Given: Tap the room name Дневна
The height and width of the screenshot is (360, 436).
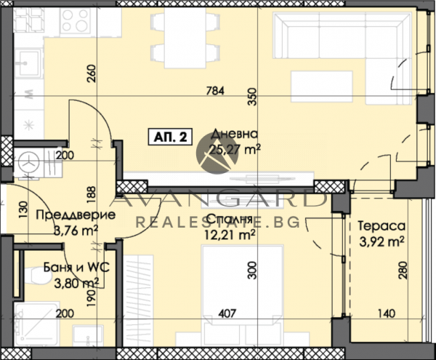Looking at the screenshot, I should pos(233,134).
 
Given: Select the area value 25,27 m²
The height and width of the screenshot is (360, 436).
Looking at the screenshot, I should pos(235,150).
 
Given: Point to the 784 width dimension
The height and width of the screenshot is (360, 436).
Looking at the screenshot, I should pos(215,92).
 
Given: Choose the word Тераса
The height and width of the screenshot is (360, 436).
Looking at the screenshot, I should pos(379,227).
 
